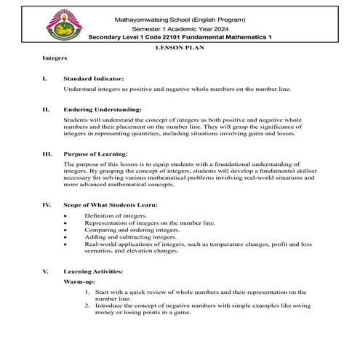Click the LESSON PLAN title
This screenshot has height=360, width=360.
[179, 46]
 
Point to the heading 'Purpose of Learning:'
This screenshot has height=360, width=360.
[95, 153]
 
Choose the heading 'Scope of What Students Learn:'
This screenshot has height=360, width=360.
[111, 204]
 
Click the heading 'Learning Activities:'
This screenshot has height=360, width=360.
[93, 271]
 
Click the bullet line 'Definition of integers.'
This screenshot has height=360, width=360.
[115, 216]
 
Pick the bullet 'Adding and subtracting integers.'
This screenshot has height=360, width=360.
[130, 236]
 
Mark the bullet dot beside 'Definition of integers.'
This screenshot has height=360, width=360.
[66, 216]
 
